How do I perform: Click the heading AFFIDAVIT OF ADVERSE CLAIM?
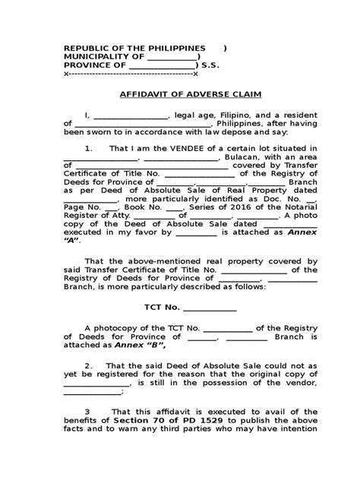(x=179, y=97)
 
